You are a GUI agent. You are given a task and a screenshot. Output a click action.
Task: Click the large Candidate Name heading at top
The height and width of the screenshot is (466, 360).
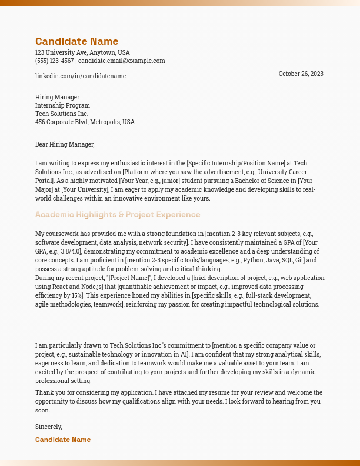[x=76, y=41]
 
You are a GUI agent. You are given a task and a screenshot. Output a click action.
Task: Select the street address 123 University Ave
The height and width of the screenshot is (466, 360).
[x=82, y=52]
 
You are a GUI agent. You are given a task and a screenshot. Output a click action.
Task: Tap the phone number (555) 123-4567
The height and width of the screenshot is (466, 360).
[x=55, y=61]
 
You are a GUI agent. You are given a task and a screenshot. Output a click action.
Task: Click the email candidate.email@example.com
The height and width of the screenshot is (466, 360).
[x=122, y=61]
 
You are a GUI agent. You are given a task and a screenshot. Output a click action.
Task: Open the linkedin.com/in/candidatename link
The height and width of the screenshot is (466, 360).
[x=81, y=76]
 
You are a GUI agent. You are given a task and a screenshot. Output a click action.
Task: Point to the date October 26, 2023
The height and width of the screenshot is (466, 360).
[x=301, y=74]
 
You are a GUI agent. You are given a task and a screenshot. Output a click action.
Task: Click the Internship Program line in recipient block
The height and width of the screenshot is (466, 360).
[x=62, y=105]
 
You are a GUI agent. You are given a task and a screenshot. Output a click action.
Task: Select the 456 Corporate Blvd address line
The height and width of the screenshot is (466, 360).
[x=85, y=122]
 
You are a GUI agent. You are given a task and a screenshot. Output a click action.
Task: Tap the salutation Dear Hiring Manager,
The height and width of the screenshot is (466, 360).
[x=65, y=144]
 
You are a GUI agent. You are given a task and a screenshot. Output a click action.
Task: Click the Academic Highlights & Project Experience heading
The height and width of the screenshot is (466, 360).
[x=118, y=215]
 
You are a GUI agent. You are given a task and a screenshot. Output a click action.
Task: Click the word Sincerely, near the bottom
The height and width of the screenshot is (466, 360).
[x=49, y=427]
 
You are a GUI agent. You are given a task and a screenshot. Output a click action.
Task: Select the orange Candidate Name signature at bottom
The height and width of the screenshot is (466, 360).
[x=63, y=440]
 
